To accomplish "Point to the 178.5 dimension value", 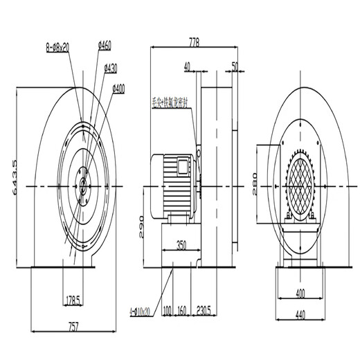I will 73,300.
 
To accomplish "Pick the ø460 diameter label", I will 105,46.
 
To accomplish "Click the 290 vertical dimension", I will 141,225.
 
